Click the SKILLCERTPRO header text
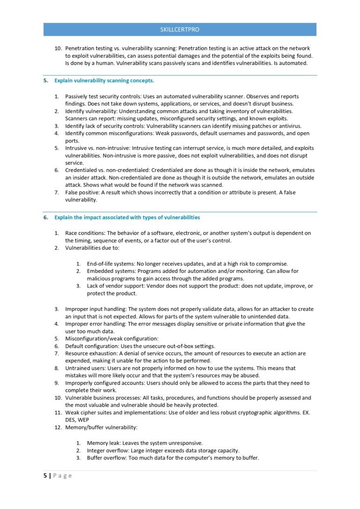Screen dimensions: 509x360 180,30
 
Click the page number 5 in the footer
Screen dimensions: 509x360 45,476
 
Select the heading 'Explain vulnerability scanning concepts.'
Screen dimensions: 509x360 104,81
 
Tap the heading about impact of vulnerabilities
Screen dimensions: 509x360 127,217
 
